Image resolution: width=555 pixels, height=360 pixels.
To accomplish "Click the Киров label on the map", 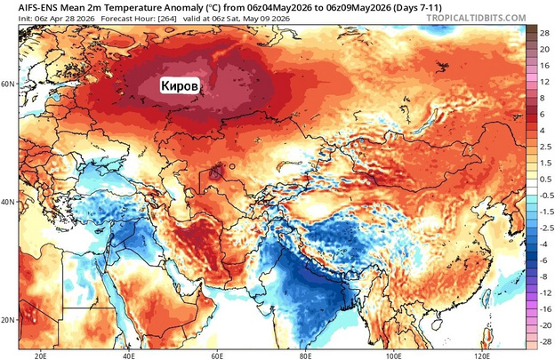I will (x=181, y=84).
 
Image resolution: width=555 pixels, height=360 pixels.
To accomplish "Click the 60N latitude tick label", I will (x=8, y=84).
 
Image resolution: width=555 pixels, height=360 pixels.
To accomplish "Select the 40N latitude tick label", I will (x=8, y=202).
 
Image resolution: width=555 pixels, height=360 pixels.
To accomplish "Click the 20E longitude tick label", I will (x=40, y=353).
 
